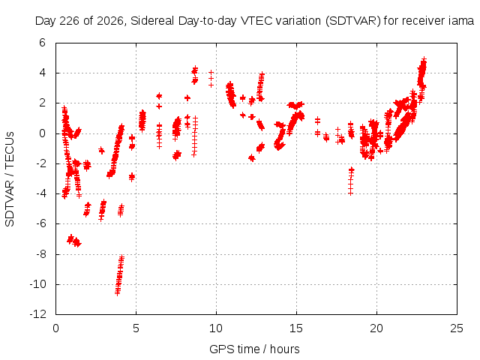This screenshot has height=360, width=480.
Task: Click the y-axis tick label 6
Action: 42,43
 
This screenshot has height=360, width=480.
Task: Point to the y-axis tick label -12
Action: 38,314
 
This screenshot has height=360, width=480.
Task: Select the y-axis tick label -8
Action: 40,254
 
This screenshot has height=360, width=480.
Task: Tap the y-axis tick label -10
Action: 38,284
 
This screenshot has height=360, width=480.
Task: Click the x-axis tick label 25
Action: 457,328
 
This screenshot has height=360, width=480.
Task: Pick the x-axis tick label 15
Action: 296,328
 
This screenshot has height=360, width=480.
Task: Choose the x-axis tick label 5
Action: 136,328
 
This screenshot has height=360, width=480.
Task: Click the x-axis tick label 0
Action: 55,328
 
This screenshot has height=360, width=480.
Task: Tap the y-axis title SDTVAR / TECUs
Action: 10,179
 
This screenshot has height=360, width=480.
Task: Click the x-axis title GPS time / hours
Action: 254,349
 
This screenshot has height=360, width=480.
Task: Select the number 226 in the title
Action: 70,21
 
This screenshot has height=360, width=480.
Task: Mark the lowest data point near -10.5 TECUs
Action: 118,293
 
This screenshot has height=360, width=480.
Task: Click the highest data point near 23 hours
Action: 424,58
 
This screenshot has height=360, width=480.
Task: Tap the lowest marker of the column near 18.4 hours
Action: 350,193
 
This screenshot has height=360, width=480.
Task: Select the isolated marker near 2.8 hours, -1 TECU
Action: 101,150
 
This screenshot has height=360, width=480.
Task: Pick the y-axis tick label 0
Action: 42,133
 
